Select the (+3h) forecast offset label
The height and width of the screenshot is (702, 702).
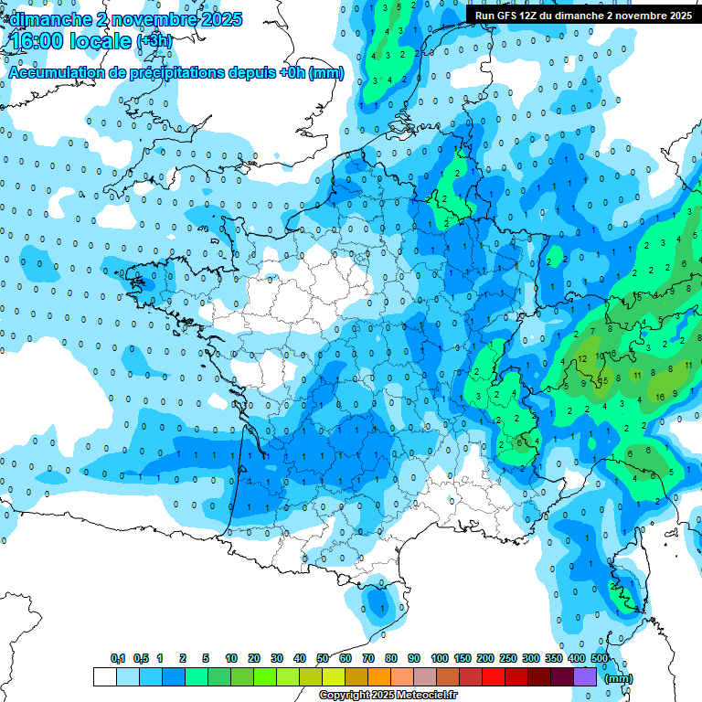point(154,42)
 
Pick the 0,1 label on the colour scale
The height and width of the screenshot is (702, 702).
point(117,659)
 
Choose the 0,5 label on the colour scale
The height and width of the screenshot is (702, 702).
point(141,659)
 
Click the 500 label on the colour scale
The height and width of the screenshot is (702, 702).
point(600,659)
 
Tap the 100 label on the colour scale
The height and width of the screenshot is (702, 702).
point(439,659)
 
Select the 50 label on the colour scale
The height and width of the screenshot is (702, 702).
point(323,659)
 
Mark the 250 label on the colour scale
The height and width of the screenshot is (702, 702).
point(507,659)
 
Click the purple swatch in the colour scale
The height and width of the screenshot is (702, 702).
point(585,676)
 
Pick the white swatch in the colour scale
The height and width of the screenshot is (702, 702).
point(105,676)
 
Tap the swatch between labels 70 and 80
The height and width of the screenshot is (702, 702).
point(379,676)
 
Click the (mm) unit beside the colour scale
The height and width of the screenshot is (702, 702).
point(619,678)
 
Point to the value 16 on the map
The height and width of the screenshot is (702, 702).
point(660,397)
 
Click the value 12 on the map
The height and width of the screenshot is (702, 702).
point(581,359)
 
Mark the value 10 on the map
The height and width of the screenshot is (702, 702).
point(601,355)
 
